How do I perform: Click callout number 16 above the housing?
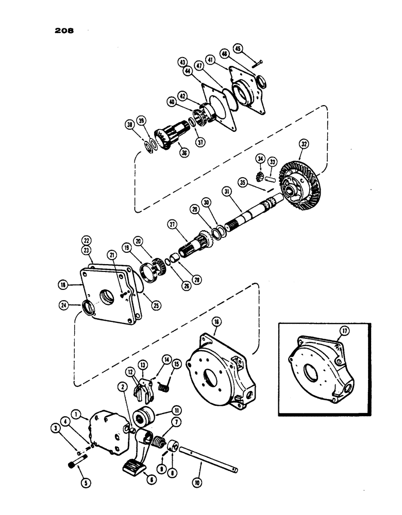point(215,321)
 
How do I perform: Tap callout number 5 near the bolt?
point(85,483)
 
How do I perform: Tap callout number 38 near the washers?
point(129,125)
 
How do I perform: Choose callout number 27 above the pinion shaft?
point(172,225)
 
